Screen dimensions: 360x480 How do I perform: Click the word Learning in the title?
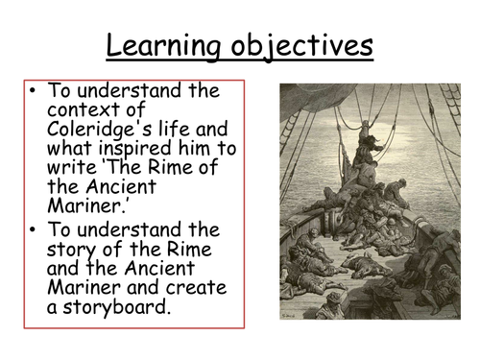point(156,46)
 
